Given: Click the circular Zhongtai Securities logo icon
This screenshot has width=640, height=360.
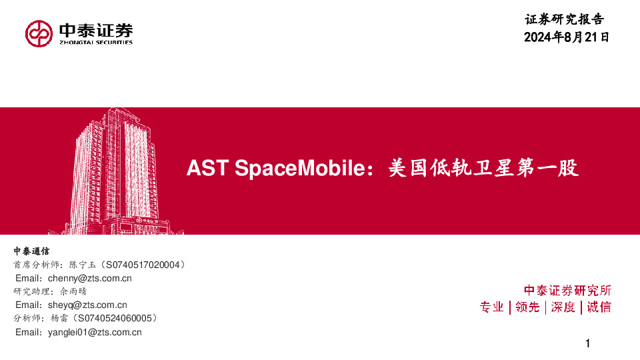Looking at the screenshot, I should (x=39, y=33).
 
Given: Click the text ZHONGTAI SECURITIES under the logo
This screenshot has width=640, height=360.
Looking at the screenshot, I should (x=96, y=42).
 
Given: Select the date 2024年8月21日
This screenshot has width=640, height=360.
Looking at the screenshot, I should (x=567, y=37).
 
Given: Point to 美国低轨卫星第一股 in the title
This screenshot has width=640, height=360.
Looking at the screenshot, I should (x=483, y=169).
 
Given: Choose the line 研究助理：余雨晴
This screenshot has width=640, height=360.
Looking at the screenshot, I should (x=50, y=292).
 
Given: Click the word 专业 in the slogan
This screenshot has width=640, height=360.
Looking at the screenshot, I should (x=492, y=307).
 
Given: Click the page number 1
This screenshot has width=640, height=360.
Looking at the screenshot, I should (x=587, y=344).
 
